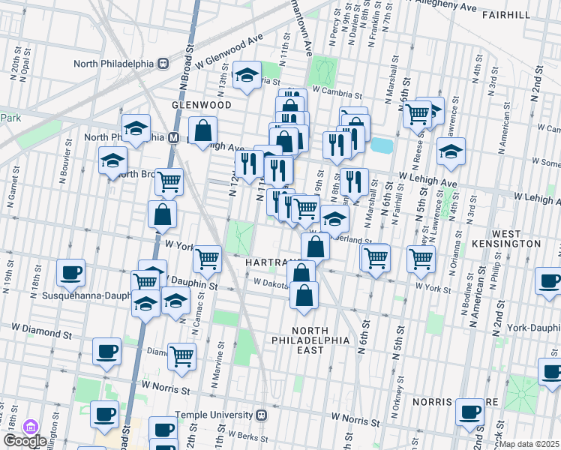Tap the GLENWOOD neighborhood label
(200, 105)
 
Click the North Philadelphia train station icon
(162, 64)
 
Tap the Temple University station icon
(262, 414)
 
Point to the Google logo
(25, 441)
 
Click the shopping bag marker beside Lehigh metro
(203, 131)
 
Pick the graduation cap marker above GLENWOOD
(247, 75)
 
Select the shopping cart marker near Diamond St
(181, 356)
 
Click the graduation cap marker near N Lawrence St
(451, 151)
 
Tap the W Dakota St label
(270, 283)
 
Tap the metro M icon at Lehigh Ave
(173, 137)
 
